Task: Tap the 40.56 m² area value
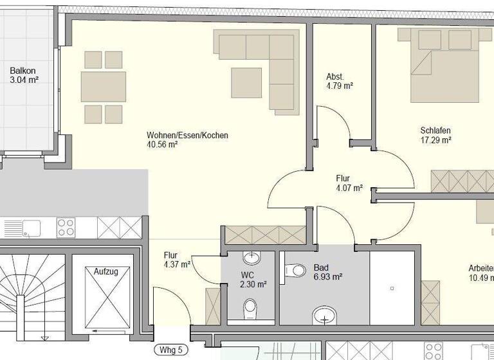(x=162, y=145)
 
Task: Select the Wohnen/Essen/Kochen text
(x=187, y=136)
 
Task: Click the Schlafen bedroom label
(x=435, y=130)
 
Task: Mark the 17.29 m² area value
(x=435, y=139)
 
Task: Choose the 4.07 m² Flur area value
(x=349, y=188)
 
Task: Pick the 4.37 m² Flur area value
(x=177, y=264)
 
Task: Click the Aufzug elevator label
(x=106, y=272)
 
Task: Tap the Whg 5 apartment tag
(x=171, y=350)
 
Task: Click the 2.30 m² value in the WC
(x=253, y=284)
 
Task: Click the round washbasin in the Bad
(x=325, y=316)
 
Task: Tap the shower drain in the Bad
(x=391, y=289)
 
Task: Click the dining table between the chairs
(x=103, y=87)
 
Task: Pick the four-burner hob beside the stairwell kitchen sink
(x=66, y=228)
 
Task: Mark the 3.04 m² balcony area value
(x=24, y=80)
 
